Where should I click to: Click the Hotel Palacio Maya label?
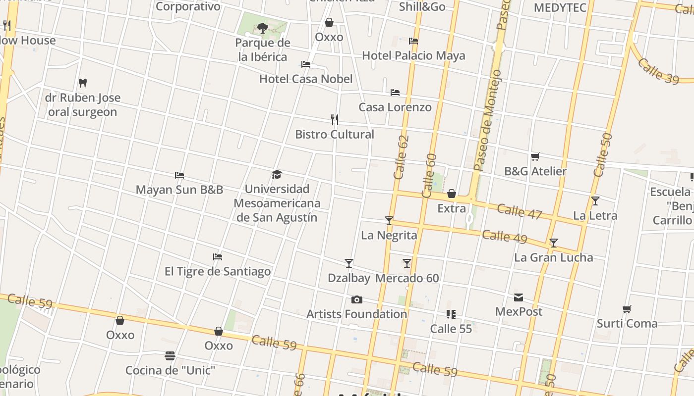413,55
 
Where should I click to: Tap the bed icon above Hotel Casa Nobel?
306,64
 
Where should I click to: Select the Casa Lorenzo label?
395,107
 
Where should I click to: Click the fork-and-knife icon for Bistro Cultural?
335,119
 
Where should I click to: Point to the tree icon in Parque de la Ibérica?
263,28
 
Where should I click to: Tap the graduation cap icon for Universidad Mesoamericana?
277,174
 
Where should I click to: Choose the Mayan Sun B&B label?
179,190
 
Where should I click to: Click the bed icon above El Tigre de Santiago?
218,256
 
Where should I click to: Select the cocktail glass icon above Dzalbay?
349,263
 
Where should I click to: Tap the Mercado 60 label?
407,278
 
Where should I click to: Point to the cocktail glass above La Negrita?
389,221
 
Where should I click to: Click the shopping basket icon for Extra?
452,193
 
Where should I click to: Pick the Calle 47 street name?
520,211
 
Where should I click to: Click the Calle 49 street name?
505,236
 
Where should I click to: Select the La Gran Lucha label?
553,257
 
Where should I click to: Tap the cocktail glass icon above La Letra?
595,201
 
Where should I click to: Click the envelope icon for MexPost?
519,297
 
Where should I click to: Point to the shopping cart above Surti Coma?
627,309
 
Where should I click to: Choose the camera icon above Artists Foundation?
356,299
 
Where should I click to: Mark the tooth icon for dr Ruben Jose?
83,83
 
